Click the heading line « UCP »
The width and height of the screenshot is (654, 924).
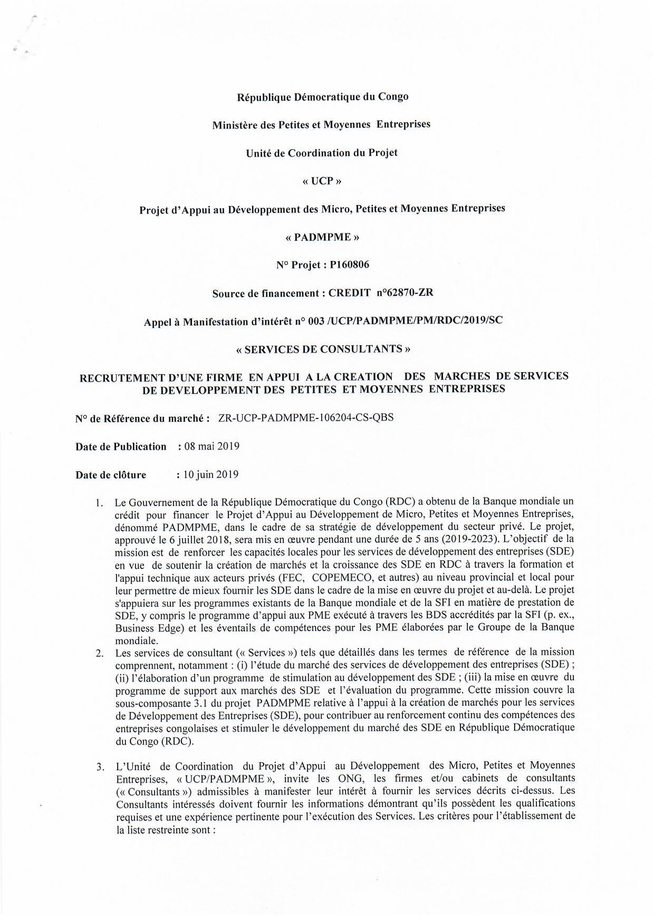322,181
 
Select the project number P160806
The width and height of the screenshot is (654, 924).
349,265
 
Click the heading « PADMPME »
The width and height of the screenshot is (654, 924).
322,237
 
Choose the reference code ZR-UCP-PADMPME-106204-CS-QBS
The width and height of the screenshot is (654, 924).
305,418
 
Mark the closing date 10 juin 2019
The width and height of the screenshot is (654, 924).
210,474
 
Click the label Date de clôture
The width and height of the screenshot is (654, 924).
111,475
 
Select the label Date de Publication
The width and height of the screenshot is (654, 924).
121,447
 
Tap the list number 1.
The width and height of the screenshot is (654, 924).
99,503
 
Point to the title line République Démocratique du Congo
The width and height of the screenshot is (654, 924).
323,97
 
